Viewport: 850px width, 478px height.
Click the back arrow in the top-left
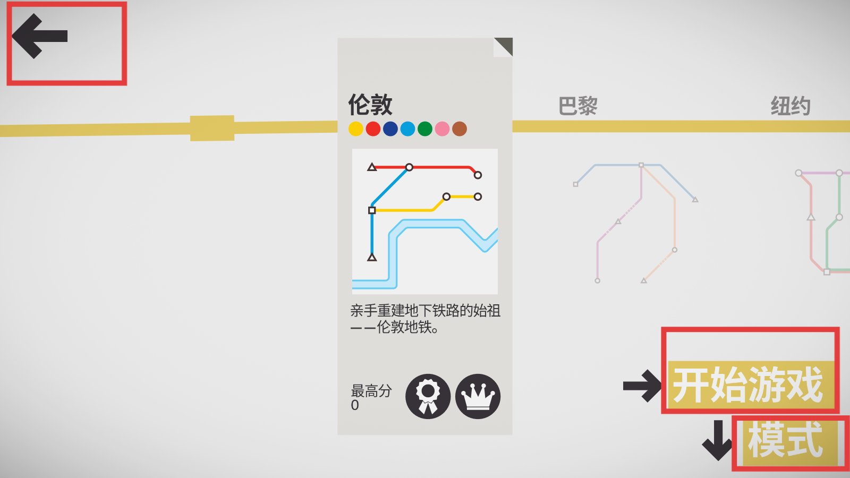point(40,36)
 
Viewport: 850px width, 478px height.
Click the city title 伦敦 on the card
point(370,104)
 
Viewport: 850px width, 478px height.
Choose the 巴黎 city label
point(578,106)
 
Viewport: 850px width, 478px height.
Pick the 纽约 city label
point(791,106)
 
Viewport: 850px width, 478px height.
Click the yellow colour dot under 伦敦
point(356,129)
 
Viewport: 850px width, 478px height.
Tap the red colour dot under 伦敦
point(373,129)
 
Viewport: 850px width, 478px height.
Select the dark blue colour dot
point(390,129)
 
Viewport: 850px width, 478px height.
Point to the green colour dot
point(425,129)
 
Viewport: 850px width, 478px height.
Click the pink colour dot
point(442,129)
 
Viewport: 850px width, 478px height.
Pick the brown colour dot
point(460,129)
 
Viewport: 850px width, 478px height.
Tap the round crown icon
point(478,396)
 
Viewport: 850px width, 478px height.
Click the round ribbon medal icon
point(428,396)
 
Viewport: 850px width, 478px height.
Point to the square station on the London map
point(372,210)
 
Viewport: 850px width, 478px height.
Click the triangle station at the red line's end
point(372,167)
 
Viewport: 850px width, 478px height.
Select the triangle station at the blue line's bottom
point(372,258)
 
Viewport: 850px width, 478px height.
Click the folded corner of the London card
point(503,47)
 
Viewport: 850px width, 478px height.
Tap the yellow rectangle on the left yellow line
point(212,128)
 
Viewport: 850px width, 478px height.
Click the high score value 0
point(355,405)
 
